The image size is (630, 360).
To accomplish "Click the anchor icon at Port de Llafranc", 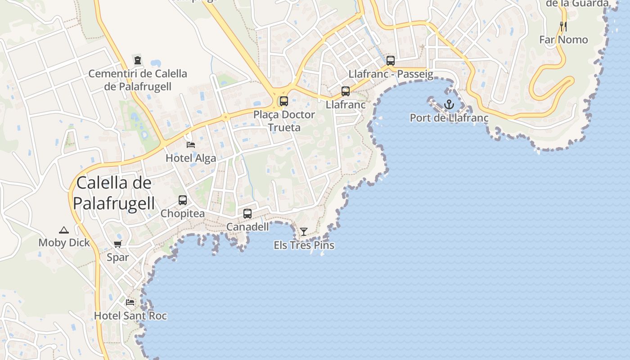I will tap(449, 105).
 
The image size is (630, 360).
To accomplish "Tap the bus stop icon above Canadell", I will tap(247, 214).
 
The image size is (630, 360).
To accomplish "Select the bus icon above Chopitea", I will tap(183, 200).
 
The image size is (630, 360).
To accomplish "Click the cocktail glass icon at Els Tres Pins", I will tap(304, 232).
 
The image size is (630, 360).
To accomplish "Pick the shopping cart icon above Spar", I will tap(117, 244).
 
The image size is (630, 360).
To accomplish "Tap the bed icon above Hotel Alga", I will tap(191, 145).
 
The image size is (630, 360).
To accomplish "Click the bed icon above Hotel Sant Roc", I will tap(130, 302).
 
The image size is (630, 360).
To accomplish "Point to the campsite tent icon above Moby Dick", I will tap(63, 230).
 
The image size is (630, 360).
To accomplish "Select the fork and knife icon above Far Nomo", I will tap(563, 27).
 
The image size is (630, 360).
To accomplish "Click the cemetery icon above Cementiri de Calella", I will tap(137, 60).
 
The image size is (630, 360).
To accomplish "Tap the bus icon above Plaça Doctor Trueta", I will tap(284, 101).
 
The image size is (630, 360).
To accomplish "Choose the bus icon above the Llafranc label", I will tap(346, 91).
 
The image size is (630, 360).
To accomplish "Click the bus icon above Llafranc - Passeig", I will tap(391, 61).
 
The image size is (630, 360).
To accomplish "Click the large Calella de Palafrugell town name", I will tap(114, 193).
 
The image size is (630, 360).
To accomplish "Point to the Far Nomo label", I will tap(563, 40).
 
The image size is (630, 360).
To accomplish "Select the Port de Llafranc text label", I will tap(449, 118).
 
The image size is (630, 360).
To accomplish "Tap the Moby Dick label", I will tap(64, 243).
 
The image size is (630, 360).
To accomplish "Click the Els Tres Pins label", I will tap(304, 245).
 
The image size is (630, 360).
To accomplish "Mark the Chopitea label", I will tap(183, 213).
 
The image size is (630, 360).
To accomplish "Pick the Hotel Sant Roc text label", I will tap(130, 316).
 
